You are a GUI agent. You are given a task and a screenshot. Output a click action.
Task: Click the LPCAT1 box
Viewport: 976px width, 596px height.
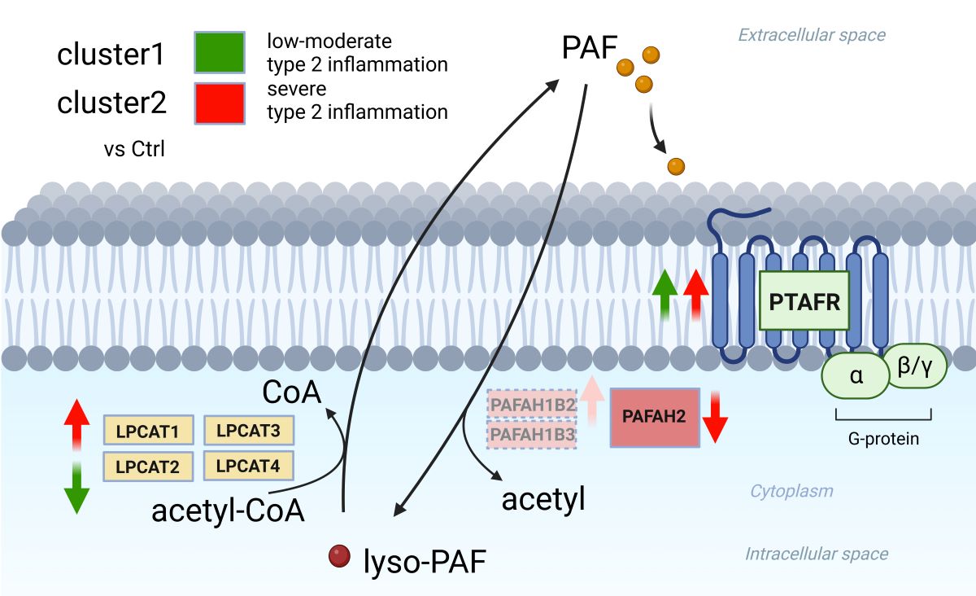click(x=147, y=431)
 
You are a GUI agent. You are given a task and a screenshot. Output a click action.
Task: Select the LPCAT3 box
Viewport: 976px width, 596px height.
click(x=248, y=429)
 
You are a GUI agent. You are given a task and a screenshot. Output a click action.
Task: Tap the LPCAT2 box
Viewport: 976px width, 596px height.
click(x=147, y=467)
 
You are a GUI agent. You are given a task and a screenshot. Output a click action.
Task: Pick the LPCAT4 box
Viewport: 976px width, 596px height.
click(x=248, y=466)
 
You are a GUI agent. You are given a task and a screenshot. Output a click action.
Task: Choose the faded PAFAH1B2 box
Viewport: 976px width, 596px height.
click(x=532, y=404)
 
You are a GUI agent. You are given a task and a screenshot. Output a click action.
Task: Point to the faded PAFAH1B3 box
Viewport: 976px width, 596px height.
click(x=532, y=435)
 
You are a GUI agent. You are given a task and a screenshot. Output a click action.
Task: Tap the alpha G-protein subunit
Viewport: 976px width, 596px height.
click(x=856, y=376)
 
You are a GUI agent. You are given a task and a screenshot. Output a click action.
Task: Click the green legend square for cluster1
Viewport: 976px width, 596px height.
click(x=220, y=53)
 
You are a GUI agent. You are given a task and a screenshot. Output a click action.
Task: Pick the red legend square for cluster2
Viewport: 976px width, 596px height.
click(x=220, y=103)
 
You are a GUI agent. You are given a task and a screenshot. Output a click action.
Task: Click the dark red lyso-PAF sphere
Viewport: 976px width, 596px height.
click(x=338, y=557)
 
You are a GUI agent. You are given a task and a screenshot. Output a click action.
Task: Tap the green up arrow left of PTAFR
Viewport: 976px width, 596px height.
click(x=665, y=296)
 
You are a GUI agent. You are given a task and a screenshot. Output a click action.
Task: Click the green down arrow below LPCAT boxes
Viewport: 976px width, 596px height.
click(x=76, y=489)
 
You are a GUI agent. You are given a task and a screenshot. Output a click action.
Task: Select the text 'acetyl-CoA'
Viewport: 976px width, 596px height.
click(x=228, y=511)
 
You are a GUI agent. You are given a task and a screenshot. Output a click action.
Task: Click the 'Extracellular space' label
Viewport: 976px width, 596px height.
click(x=811, y=35)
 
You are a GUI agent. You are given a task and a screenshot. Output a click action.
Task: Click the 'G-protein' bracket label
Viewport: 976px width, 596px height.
click(x=883, y=439)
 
